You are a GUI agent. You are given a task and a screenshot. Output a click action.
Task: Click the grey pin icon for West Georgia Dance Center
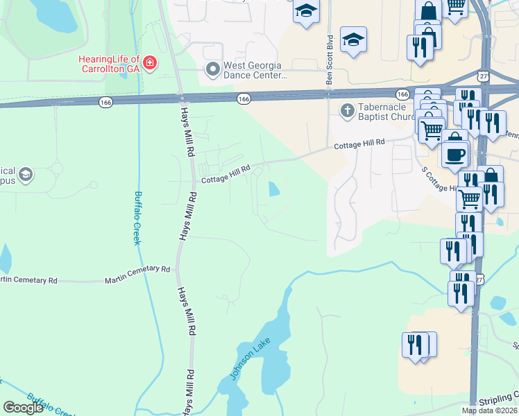(212, 69)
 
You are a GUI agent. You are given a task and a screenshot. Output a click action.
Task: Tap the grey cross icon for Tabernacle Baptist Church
(347, 111)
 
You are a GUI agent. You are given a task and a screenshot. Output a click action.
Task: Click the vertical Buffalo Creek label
(138, 218)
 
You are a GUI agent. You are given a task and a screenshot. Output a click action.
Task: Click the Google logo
(23, 408)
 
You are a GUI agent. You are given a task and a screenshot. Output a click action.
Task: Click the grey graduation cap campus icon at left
(26, 174)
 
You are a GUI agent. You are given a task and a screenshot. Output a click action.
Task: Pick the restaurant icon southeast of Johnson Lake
(414, 345)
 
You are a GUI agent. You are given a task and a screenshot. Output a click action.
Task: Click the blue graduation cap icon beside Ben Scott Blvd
(353, 40)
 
